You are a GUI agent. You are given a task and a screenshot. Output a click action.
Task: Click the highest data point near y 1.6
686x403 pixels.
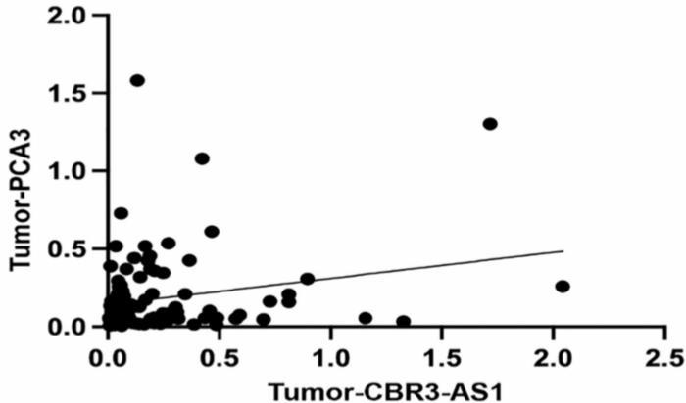pyautogui.click(x=137, y=80)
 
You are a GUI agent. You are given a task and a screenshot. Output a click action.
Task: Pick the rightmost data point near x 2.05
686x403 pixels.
pyautogui.click(x=562, y=286)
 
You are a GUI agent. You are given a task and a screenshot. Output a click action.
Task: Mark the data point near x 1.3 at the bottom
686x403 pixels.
pyautogui.click(x=403, y=321)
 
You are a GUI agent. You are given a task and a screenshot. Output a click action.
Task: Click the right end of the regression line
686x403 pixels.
pyautogui.click(x=563, y=250)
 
